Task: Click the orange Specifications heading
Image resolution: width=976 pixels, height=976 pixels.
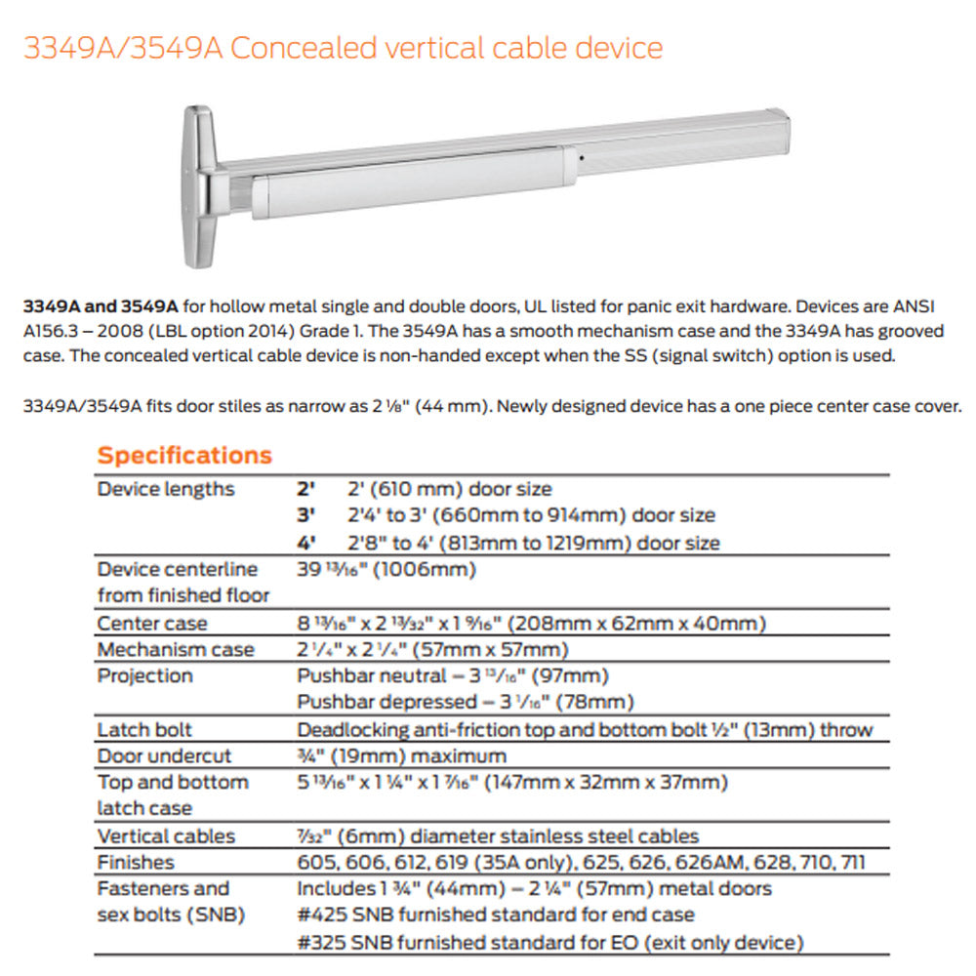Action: pyautogui.click(x=184, y=455)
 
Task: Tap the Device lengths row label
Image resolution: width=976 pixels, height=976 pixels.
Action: pyautogui.click(x=166, y=489)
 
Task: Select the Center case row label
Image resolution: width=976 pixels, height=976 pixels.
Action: pyautogui.click(x=152, y=623)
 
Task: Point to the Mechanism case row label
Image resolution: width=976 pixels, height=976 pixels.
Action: pyautogui.click(x=176, y=649)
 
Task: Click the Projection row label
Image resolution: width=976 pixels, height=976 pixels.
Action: pyautogui.click(x=144, y=675)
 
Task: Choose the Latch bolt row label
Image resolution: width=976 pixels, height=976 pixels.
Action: pyautogui.click(x=144, y=729)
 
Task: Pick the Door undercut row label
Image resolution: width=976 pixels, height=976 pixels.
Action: pyautogui.click(x=164, y=755)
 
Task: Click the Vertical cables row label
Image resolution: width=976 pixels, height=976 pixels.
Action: pyautogui.click(x=166, y=835)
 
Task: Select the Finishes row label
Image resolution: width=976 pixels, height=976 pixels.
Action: pyautogui.click(x=136, y=862)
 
